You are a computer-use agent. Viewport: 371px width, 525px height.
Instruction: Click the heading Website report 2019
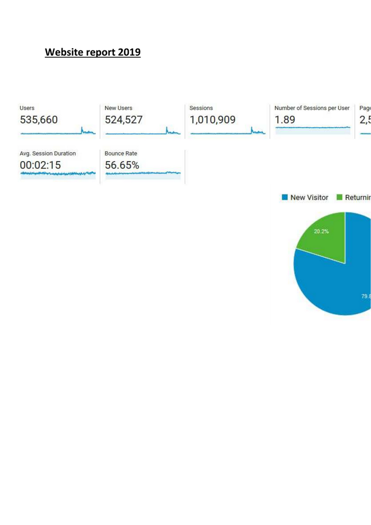point(92,52)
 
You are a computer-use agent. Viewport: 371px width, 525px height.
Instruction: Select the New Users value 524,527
point(123,120)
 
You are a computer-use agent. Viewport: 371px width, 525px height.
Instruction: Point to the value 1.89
point(285,120)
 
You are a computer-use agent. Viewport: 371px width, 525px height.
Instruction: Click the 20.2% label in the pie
point(321,231)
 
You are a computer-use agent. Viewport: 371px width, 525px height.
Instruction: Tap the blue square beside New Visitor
point(285,198)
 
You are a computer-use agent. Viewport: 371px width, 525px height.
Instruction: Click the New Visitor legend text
point(310,198)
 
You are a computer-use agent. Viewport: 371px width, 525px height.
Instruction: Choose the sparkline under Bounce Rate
point(143,173)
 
